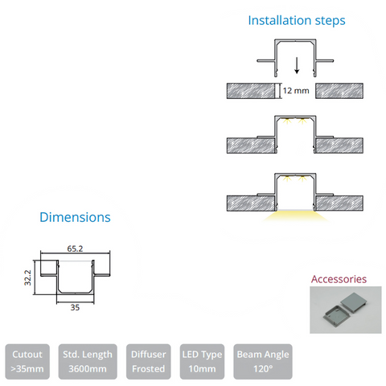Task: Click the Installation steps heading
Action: coord(297,21)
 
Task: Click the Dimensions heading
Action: coord(75,217)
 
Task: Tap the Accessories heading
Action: coord(339,279)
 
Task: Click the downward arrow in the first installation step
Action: coord(297,65)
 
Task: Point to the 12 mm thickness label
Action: coord(296,91)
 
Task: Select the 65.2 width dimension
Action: coord(75,248)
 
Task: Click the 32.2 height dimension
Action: coord(28,277)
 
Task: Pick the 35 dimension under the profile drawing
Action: coord(75,307)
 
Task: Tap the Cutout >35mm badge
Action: coord(27,362)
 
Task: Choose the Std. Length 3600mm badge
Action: coord(88,362)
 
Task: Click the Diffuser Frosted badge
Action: coord(149,362)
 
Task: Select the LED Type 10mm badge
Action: coord(202,362)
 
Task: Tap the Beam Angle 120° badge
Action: coord(263,362)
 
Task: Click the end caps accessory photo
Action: coord(346,310)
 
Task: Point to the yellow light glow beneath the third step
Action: coord(295,216)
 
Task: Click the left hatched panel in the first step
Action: coord(251,91)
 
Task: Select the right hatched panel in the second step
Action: coord(339,146)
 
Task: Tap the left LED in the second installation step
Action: coord(287,121)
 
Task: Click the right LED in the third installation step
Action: coord(302,179)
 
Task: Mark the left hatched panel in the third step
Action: coord(251,203)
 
